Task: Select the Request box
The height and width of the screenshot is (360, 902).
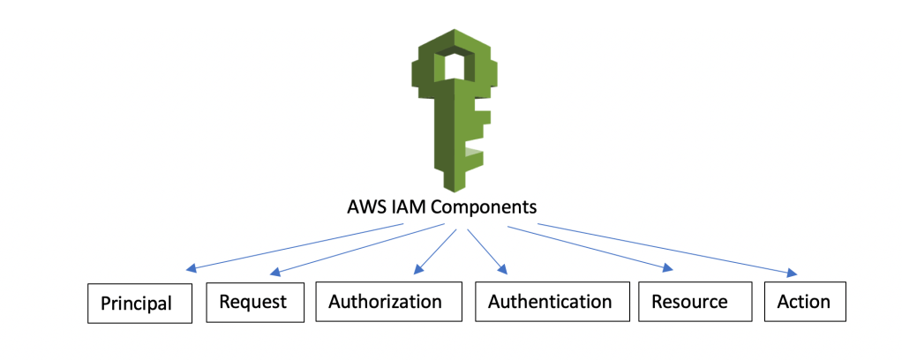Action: tap(252, 302)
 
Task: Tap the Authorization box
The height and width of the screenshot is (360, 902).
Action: tap(385, 302)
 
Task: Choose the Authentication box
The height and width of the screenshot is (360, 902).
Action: tap(550, 302)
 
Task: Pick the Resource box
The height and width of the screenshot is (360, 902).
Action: tap(689, 302)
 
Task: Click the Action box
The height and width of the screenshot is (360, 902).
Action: tap(803, 302)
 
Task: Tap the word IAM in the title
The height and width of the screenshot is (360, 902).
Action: tap(415, 208)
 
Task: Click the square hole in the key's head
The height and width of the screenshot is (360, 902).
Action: tap(452, 66)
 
